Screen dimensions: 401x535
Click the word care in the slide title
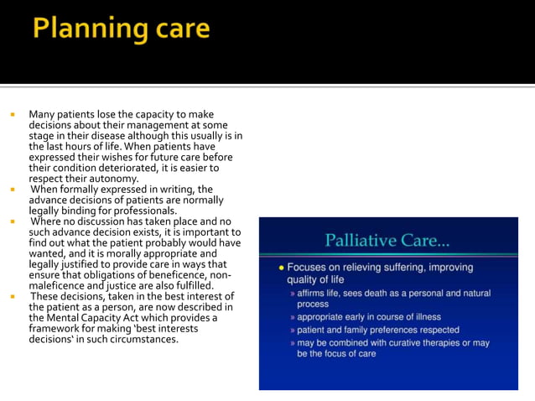pos(177,30)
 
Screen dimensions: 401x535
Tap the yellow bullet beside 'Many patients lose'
pos(13,114)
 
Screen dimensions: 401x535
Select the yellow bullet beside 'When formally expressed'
pos(13,190)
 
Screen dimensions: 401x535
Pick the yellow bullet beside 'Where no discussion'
pos(13,222)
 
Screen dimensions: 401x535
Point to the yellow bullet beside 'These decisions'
pos(13,297)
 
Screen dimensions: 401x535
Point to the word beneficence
pos(184,275)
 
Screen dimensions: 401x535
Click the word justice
pos(126,286)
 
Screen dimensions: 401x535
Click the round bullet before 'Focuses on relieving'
pos(281,268)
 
